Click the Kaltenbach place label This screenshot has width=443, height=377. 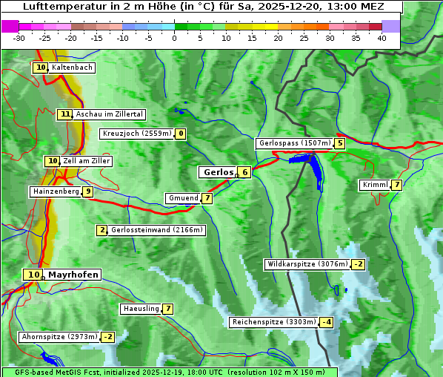72,68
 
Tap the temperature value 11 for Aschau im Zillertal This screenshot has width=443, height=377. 65,114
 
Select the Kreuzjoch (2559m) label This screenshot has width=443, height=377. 137,134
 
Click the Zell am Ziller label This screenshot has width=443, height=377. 86,161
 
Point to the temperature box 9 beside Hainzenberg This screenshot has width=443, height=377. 88,191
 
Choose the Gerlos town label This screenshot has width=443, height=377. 217,172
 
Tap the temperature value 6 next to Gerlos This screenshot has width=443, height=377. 244,172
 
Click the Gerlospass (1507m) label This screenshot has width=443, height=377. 294,143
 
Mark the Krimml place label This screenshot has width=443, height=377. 375,185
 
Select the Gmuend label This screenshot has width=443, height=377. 183,198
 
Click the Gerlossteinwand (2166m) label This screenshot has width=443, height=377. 156,230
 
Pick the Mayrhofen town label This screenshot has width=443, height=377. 73,275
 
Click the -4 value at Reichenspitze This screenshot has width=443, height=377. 326,322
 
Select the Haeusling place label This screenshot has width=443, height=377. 141,309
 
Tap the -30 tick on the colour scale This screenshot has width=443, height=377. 19,38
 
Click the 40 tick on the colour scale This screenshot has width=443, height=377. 382,38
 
